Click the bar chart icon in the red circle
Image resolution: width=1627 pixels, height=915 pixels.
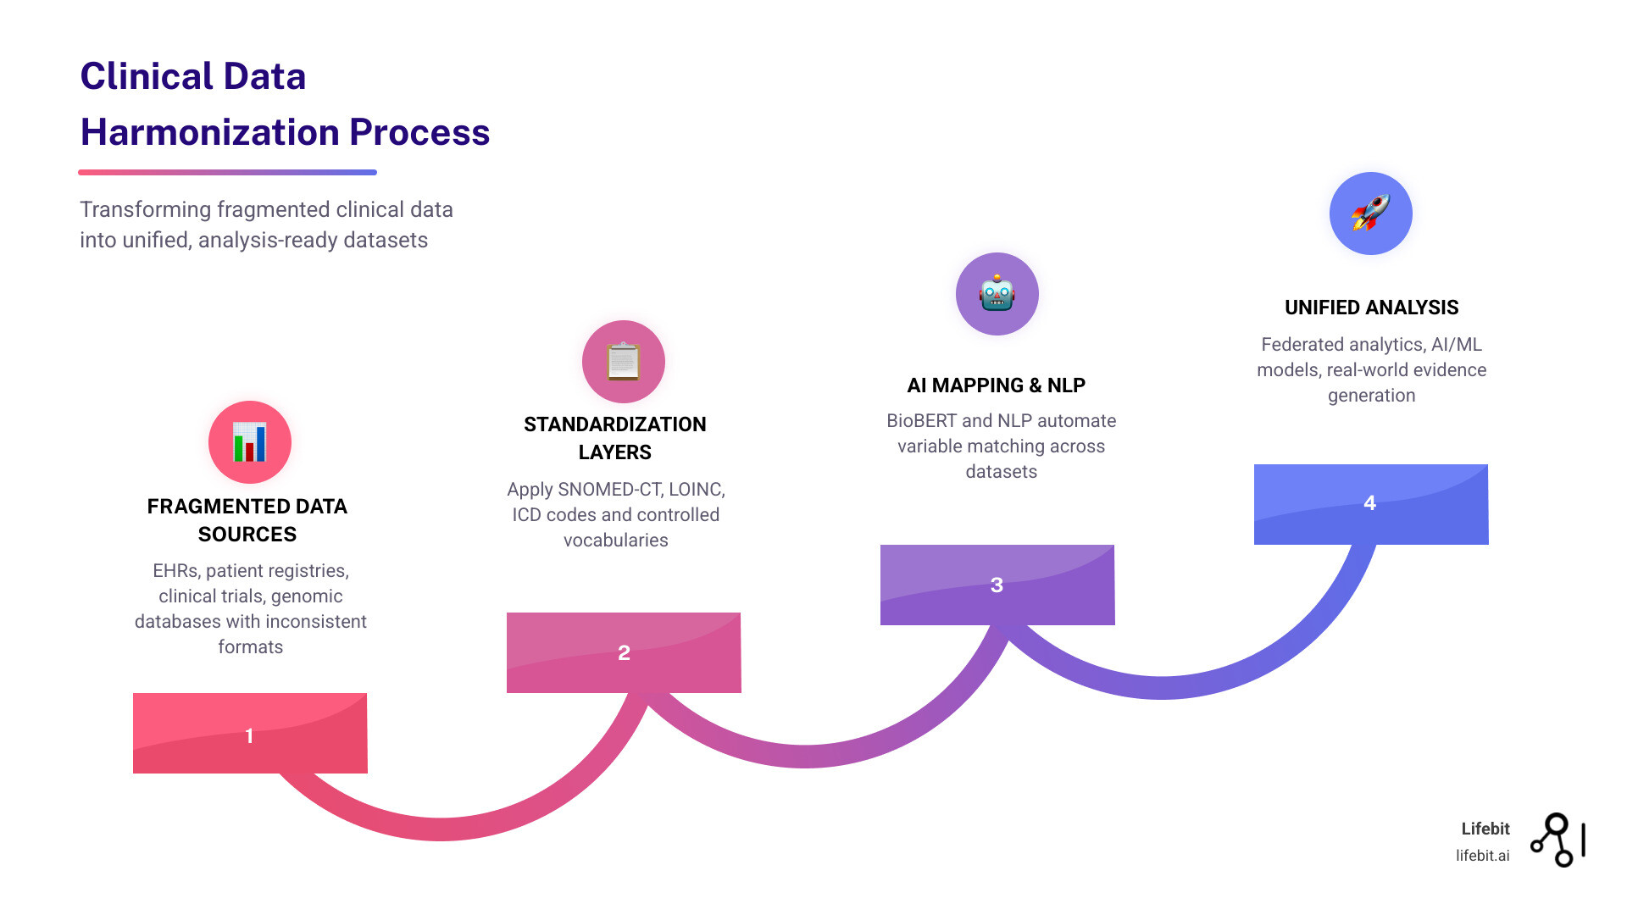pos(250,442)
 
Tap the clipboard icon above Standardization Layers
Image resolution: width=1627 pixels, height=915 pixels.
pos(624,362)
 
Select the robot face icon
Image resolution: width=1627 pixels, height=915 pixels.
pos(997,294)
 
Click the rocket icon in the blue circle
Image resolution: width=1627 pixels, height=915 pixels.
pos(1370,213)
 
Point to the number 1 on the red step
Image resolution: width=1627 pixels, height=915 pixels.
pos(249,735)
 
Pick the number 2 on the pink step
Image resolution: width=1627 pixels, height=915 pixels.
pos(624,652)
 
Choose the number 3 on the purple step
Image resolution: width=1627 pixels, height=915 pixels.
pos(997,585)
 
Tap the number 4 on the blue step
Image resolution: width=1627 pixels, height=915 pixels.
pos(1369,502)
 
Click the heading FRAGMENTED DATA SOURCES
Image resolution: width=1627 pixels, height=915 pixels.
pos(247,519)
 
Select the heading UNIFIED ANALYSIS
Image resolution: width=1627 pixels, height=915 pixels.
pos(1371,308)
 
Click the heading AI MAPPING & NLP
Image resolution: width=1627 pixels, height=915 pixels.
pos(996,385)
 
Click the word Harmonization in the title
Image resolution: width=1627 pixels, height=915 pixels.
pos(209,133)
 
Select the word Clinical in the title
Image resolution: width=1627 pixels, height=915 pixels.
pos(146,76)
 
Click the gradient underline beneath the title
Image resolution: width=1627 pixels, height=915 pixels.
pos(227,172)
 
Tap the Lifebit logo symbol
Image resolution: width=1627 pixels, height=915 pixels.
pos(1557,840)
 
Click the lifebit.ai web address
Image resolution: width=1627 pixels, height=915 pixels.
pos(1482,856)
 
